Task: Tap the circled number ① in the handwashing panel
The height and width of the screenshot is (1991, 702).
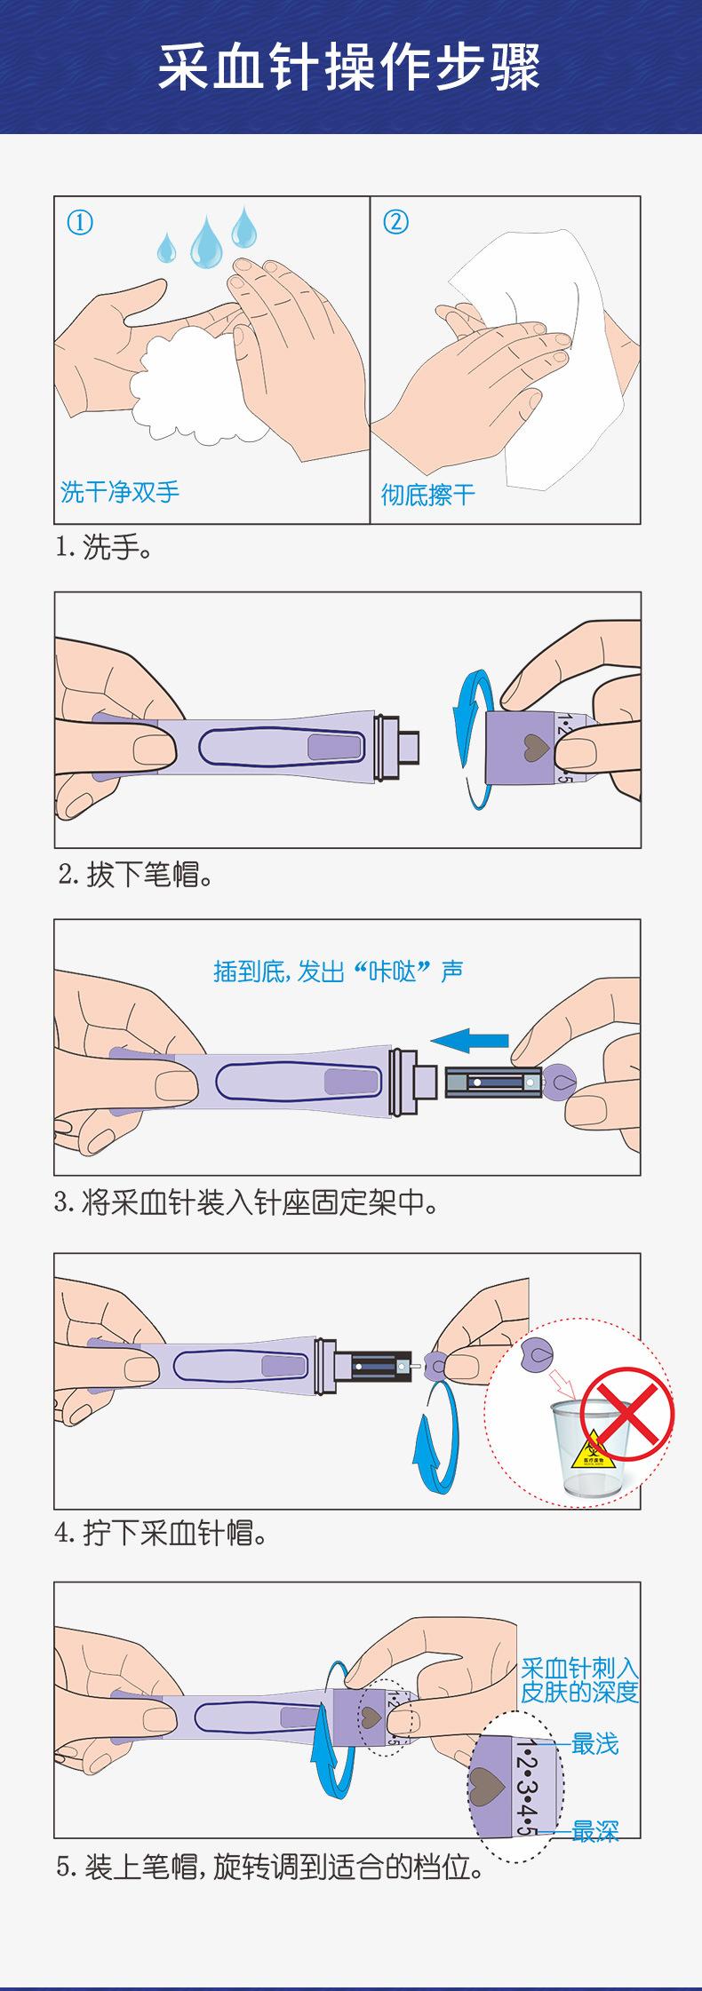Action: pos(80,222)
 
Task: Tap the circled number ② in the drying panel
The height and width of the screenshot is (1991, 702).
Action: pos(395,222)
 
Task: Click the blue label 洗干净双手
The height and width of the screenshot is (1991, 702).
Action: pos(120,491)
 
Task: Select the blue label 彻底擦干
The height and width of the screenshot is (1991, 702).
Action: pos(428,495)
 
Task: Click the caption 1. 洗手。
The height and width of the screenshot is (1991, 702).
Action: pos(104,548)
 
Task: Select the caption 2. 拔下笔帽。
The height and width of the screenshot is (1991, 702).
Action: pos(136,876)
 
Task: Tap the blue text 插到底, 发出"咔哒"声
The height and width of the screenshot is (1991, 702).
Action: pos(339,972)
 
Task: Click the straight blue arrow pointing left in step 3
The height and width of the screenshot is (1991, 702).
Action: pos(469,1040)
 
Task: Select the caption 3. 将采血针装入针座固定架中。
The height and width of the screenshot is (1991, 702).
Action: pos(247,1203)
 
